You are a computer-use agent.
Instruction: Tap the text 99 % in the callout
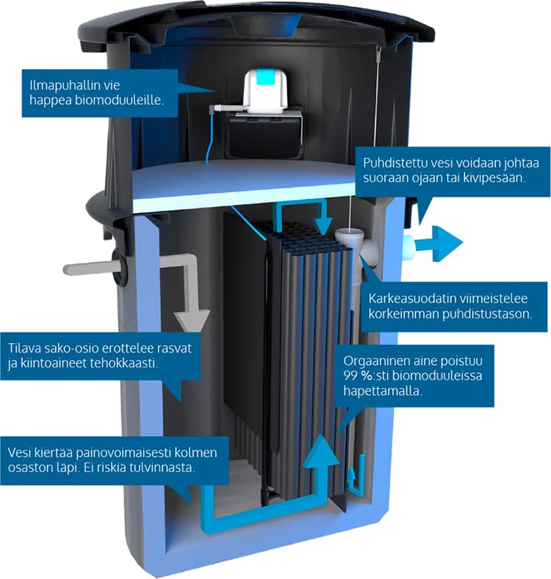(358, 376)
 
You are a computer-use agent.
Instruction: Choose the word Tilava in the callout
(24, 349)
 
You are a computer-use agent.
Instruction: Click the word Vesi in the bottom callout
(20, 452)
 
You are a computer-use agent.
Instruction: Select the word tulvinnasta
(162, 467)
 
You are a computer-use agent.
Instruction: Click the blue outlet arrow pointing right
(438, 244)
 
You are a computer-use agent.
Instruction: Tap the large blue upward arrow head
(321, 451)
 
